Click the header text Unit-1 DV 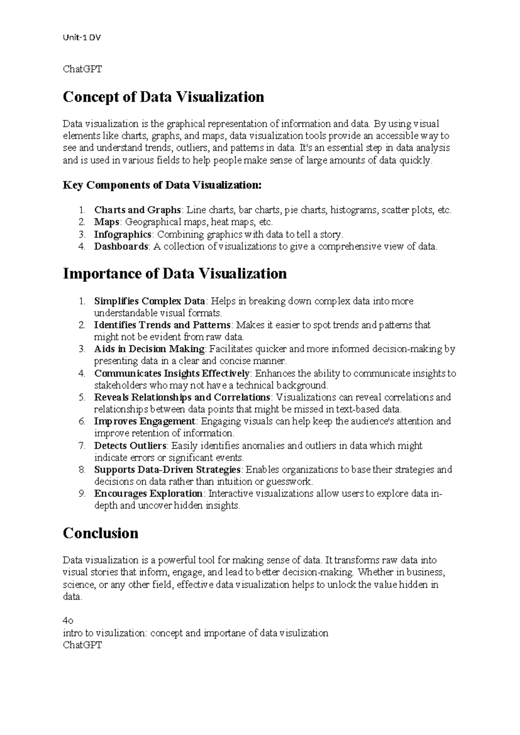click(82, 38)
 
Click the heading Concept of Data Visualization click(163, 97)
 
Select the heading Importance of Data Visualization click(175, 274)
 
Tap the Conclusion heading click(101, 533)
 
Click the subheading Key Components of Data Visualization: click(162, 185)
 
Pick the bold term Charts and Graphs click(137, 210)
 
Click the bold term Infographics click(123, 234)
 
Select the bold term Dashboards click(121, 247)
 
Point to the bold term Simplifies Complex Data click(149, 301)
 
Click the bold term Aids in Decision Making click(149, 349)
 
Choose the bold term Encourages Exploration click(148, 494)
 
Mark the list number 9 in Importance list click(81, 494)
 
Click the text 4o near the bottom click(68, 621)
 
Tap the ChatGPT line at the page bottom click(82, 645)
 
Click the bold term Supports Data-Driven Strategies click(167, 469)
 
